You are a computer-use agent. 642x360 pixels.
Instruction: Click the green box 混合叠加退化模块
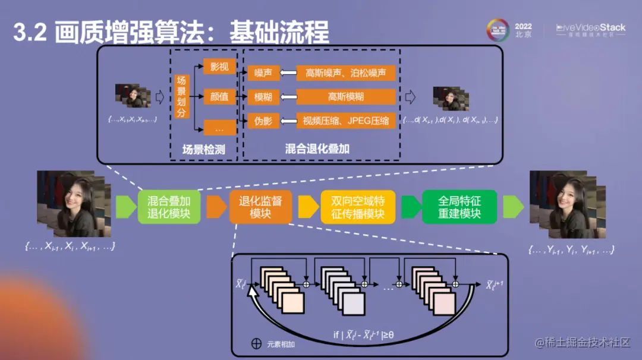[169, 207]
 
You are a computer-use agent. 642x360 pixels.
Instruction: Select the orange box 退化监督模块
[260, 207]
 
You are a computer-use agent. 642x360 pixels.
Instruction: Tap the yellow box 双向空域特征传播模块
[358, 207]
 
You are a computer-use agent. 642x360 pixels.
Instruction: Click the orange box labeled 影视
[219, 67]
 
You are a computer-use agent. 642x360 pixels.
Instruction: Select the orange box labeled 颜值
[219, 97]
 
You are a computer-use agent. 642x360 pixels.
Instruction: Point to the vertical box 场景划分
[181, 97]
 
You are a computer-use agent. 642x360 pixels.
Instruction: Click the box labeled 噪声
[263, 72]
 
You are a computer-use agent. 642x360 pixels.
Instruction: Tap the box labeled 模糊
[263, 97]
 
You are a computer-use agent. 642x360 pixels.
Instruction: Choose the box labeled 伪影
[263, 121]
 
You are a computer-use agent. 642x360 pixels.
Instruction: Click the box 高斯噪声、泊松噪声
[346, 72]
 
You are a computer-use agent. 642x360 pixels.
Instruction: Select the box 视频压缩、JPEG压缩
[346, 121]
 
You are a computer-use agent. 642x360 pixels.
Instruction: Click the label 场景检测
[203, 150]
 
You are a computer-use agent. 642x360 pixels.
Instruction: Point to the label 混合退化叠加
[317, 149]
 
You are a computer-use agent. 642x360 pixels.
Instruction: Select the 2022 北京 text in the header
[523, 30]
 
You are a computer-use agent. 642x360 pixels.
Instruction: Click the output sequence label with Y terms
[571, 250]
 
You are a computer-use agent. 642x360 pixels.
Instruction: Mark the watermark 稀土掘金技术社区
[583, 343]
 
